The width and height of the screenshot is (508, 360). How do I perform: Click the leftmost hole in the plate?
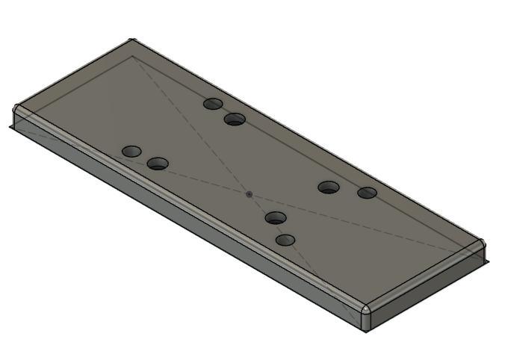[x=131, y=152]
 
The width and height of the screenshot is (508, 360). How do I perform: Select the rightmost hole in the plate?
[x=367, y=193]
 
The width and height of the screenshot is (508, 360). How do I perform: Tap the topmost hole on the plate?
[x=214, y=103]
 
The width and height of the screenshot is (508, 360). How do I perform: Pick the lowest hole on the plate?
[x=285, y=240]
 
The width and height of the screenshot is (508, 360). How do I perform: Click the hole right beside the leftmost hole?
[x=158, y=164]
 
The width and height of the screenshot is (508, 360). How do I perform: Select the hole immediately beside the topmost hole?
[x=235, y=119]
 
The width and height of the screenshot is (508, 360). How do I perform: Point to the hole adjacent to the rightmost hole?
[x=329, y=187]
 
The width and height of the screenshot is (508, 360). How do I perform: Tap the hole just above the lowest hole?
[x=276, y=218]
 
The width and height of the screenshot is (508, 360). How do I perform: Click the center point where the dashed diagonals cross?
[x=249, y=194]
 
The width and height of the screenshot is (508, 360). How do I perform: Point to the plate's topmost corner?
[x=131, y=42]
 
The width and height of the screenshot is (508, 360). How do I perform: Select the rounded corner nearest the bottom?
[x=365, y=309]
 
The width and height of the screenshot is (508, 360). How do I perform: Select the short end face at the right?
[x=426, y=288]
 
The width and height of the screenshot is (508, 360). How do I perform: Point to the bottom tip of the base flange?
[x=367, y=331]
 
